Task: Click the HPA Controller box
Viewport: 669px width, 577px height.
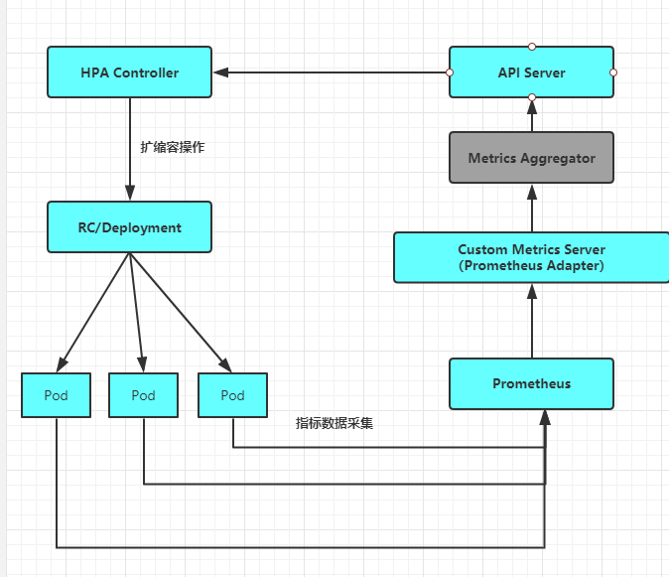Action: [129, 72]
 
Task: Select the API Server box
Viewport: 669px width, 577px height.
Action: [531, 72]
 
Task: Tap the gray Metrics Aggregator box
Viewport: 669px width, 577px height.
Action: [531, 158]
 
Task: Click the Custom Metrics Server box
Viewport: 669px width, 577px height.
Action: [531, 257]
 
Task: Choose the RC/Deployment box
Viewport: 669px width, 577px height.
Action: [129, 226]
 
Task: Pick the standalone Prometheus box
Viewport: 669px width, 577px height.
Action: [531, 383]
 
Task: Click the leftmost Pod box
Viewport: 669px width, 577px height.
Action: [56, 394]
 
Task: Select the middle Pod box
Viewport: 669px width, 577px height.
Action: [143, 394]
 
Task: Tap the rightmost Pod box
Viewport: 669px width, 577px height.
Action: [232, 394]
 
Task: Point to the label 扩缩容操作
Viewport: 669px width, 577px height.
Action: [172, 146]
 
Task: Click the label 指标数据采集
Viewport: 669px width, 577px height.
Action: [334, 422]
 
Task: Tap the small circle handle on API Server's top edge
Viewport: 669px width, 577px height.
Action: [531, 47]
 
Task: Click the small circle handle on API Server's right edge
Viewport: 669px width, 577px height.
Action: [613, 72]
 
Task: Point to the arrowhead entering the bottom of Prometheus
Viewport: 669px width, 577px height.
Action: [544, 417]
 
